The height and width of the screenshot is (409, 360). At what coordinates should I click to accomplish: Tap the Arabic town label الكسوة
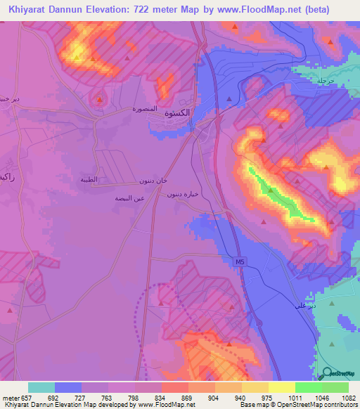(x=176, y=113)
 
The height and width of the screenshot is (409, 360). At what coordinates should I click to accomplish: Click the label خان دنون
(x=153, y=181)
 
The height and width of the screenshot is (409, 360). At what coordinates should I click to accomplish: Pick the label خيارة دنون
(x=180, y=193)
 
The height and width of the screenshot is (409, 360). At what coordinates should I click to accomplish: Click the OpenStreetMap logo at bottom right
(x=337, y=375)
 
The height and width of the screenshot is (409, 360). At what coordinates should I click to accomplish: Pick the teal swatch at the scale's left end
(x=41, y=387)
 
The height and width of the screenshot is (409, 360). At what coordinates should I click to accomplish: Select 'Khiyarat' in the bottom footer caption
(x=16, y=405)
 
